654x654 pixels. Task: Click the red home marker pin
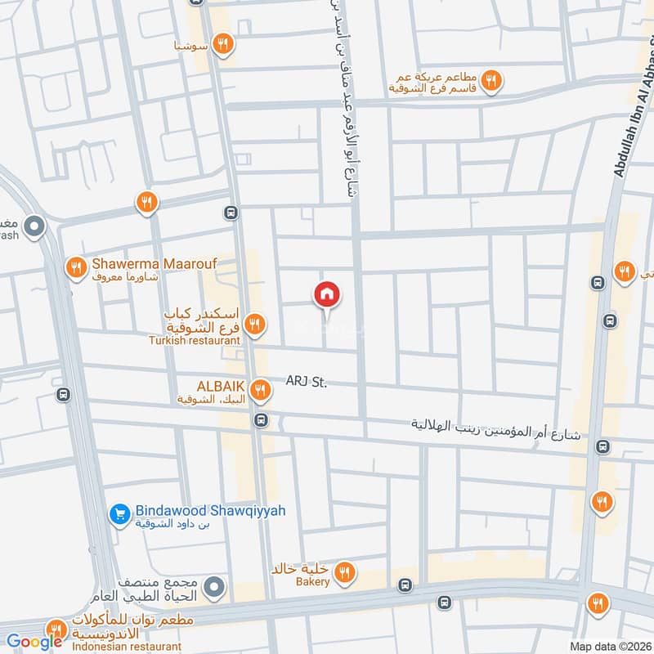click(x=327, y=295)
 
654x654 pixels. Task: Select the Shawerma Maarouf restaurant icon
click(x=76, y=267)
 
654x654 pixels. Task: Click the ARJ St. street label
click(x=307, y=381)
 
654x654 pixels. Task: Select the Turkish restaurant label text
click(x=195, y=339)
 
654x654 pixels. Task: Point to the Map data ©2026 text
click(x=609, y=646)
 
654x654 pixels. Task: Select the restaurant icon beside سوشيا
click(x=222, y=43)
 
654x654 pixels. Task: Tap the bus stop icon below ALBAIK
click(x=261, y=421)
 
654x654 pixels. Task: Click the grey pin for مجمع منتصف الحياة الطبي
click(x=214, y=586)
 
